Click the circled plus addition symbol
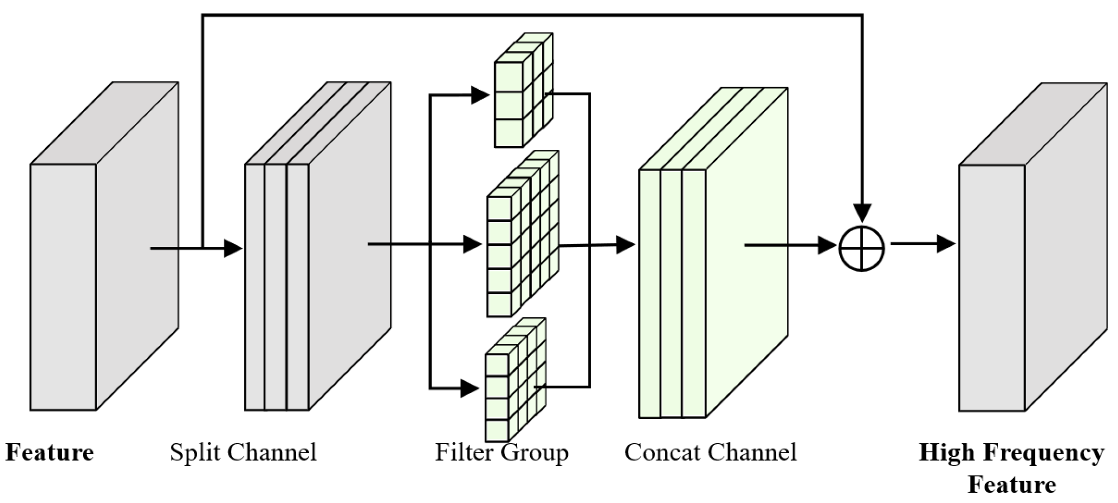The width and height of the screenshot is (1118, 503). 862,248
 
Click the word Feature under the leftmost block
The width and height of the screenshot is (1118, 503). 50,452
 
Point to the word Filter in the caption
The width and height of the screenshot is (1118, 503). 463,452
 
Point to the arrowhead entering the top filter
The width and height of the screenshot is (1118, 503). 480,95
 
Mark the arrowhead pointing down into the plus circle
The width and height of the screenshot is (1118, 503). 862,213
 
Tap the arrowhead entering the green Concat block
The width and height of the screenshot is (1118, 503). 625,244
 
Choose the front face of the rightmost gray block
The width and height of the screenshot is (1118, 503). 991,288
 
